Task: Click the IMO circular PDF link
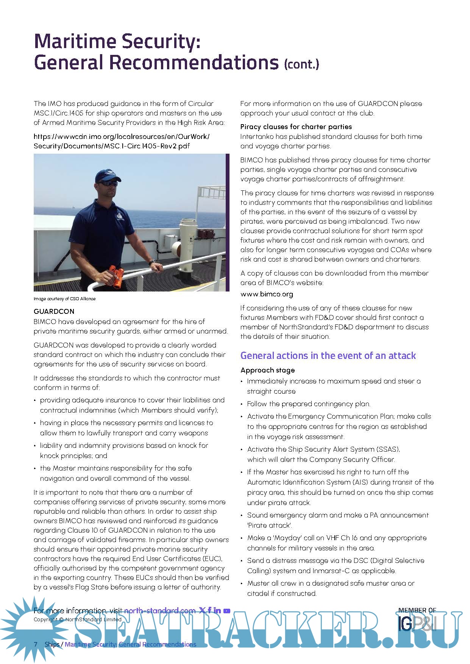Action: pyautogui.click(x=121, y=141)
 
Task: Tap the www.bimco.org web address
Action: pyautogui.click(x=267, y=294)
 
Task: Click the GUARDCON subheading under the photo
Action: pyautogui.click(x=54, y=312)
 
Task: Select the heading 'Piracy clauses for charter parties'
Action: pyautogui.click(x=296, y=127)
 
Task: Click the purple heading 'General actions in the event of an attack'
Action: pyautogui.click(x=328, y=356)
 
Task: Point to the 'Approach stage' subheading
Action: pyautogui.click(x=267, y=370)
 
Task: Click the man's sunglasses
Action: pyautogui.click(x=108, y=183)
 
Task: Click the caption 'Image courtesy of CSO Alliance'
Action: pyautogui.click(x=64, y=299)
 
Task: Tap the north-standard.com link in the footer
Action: pyautogui.click(x=159, y=610)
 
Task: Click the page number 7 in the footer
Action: pyautogui.click(x=36, y=644)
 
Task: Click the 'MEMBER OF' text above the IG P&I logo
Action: pyautogui.click(x=417, y=610)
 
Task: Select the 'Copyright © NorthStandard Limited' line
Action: pyautogui.click(x=77, y=620)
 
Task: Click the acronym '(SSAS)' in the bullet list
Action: pyautogui.click(x=388, y=449)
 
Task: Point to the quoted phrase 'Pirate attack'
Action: pyautogui.click(x=270, y=525)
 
